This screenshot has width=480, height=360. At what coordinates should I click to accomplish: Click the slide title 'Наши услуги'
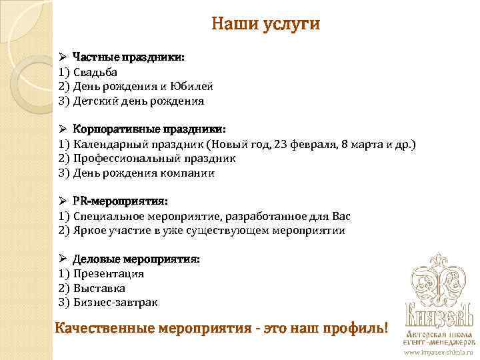click(265, 25)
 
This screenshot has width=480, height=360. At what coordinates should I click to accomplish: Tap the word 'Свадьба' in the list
click(95, 72)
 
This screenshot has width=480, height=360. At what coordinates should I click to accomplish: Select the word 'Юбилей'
click(193, 87)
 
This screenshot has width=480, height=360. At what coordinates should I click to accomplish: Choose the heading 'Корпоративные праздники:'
click(149, 129)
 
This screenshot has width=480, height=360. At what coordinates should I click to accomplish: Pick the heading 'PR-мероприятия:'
click(120, 201)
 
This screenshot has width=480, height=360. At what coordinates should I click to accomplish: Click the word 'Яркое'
click(90, 231)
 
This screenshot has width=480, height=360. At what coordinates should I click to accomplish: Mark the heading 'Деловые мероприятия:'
click(136, 259)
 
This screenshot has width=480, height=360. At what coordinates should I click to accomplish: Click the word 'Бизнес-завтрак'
click(115, 303)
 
